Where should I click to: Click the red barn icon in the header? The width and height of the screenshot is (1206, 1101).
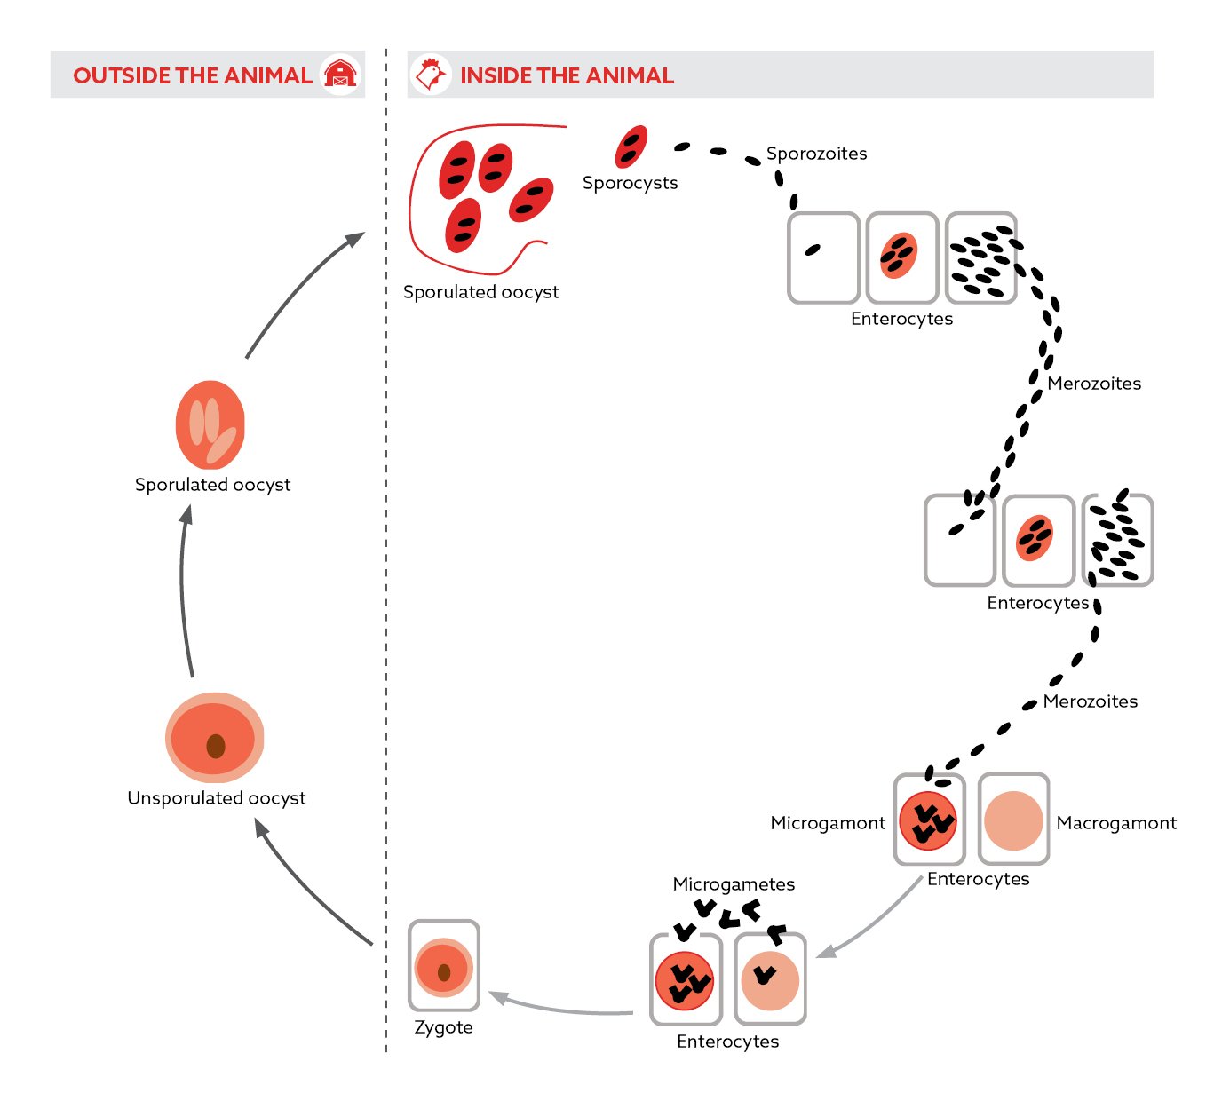pyautogui.click(x=340, y=75)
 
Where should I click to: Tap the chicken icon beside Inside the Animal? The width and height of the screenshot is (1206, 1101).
pyautogui.click(x=431, y=75)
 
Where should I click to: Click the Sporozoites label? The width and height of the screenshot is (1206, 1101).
pyautogui.click(x=816, y=154)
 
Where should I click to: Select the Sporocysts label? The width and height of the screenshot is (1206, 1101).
pyautogui.click(x=630, y=183)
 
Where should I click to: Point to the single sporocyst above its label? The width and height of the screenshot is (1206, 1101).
pyautogui.click(x=631, y=147)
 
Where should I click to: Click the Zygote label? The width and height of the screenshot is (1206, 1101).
pyautogui.click(x=443, y=1027)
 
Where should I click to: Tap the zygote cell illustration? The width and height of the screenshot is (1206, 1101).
pyautogui.click(x=443, y=967)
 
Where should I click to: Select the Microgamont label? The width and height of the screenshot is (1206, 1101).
pyautogui.click(x=828, y=823)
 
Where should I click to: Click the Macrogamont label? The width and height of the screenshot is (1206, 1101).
pyautogui.click(x=1116, y=823)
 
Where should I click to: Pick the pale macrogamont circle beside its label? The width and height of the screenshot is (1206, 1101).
pyautogui.click(x=1013, y=820)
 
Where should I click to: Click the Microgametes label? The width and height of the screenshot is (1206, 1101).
pyautogui.click(x=734, y=884)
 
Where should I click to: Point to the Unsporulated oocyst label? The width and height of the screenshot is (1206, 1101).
pyautogui.click(x=216, y=798)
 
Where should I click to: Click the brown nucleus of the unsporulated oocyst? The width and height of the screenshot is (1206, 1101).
pyautogui.click(x=215, y=746)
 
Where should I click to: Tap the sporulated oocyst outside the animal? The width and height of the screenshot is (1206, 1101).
pyautogui.click(x=210, y=425)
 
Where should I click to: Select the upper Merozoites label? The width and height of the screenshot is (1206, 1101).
pyautogui.click(x=1094, y=384)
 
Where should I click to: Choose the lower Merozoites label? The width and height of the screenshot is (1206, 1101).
pyautogui.click(x=1090, y=701)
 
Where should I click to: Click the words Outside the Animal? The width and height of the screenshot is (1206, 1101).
pyautogui.click(x=193, y=75)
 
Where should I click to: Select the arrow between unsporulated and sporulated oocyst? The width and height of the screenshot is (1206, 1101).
pyautogui.click(x=184, y=590)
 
